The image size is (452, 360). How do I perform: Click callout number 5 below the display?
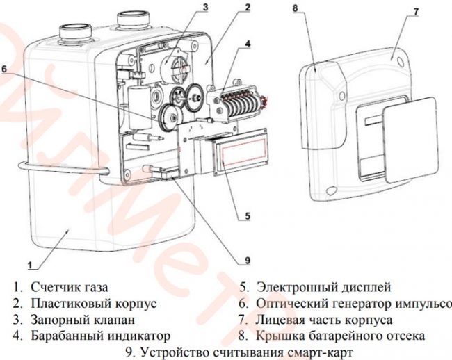pos(247,216)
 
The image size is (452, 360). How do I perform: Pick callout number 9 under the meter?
pos(246,261)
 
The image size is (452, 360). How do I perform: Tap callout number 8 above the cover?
pos(295,8)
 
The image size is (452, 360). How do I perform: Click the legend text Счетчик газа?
pos(70,286)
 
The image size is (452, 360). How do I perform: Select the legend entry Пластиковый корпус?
pos(93,303)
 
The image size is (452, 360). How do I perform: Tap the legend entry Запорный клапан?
pos(82,320)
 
